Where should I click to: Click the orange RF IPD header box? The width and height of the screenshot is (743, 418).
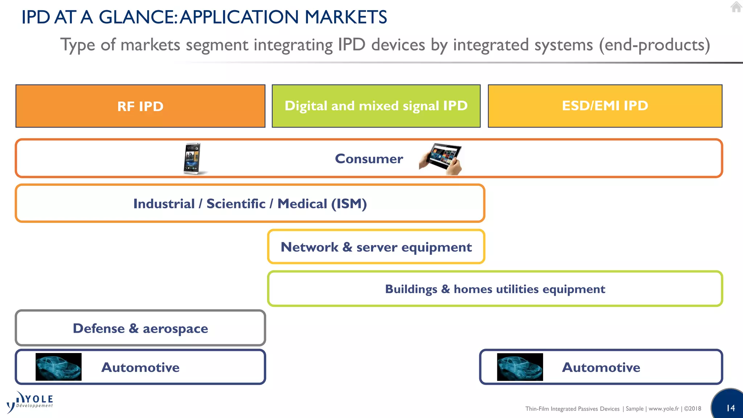click(x=140, y=106)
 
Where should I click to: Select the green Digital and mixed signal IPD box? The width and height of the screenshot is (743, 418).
click(x=376, y=106)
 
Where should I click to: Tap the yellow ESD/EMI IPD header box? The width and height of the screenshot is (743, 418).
click(x=605, y=106)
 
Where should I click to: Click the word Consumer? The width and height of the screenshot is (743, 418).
click(x=369, y=159)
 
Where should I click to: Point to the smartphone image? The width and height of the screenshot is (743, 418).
click(x=193, y=159)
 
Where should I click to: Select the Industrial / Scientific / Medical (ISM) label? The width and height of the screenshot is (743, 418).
click(x=250, y=204)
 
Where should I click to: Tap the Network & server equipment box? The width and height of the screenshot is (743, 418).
click(x=376, y=247)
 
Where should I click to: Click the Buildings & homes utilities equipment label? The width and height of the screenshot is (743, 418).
click(x=495, y=289)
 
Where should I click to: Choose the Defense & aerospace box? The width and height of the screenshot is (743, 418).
click(x=140, y=328)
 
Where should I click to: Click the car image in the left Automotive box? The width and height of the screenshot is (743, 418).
click(x=58, y=367)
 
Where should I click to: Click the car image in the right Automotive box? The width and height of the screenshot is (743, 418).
click(x=520, y=367)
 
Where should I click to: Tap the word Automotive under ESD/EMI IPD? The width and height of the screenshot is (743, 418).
click(x=601, y=367)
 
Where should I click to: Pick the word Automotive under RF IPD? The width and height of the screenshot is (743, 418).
click(x=140, y=367)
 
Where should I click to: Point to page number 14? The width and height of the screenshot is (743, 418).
click(x=730, y=408)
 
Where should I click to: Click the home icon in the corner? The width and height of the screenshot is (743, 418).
click(x=736, y=7)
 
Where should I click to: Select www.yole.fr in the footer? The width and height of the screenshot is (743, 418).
click(x=664, y=409)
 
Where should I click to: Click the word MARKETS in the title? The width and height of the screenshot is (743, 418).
click(x=346, y=17)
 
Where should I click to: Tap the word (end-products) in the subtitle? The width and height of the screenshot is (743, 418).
click(x=654, y=45)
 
